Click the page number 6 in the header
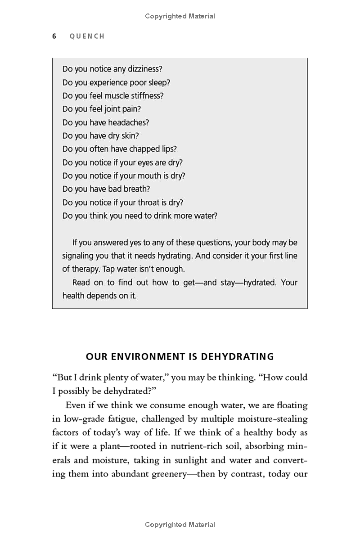pyautogui.click(x=54, y=36)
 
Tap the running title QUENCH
pyautogui.click(x=87, y=36)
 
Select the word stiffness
pyautogui.click(x=147, y=96)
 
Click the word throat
pyautogui.click(x=148, y=202)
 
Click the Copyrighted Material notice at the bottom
pyautogui.click(x=180, y=525)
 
